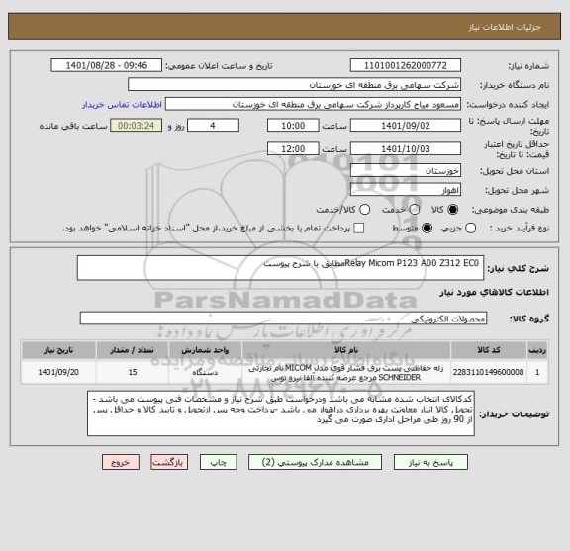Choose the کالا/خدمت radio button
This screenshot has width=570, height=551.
point(365,209)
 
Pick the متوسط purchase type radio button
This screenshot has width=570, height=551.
point(426,229)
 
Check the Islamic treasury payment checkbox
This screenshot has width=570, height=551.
point(359,229)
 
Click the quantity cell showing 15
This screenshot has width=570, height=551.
point(134,372)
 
